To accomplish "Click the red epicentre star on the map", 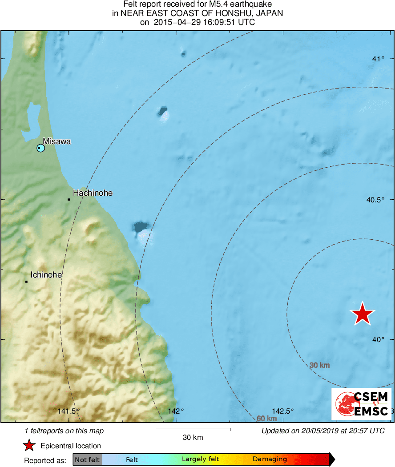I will click(363, 314).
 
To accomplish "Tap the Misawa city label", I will click(56, 141).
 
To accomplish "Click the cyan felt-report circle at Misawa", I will click(40, 148).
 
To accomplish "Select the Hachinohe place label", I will click(93, 193).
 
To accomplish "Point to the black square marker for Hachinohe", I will click(69, 199).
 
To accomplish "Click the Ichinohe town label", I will click(46, 275).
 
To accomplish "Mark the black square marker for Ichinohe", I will click(26, 281).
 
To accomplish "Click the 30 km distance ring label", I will click(319, 365).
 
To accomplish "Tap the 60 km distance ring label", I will click(267, 419).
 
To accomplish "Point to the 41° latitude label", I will click(378, 59).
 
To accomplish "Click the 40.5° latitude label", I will click(375, 200).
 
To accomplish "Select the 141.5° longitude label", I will click(69, 411).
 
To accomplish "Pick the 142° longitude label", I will click(176, 411).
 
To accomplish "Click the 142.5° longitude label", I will click(283, 411).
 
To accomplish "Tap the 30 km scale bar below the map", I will click(193, 429).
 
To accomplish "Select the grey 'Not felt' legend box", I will click(87, 459).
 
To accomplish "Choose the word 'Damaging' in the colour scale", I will click(270, 459).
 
